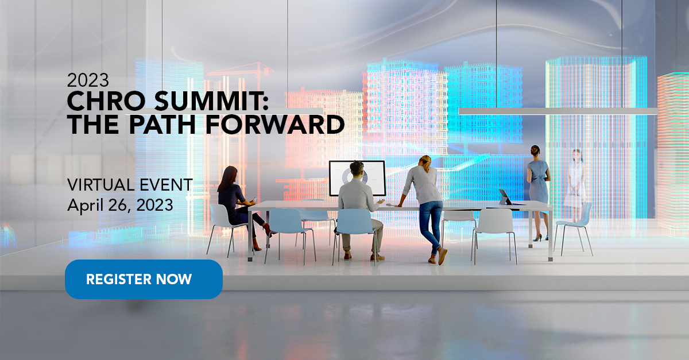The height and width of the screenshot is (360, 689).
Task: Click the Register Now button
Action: pyautogui.click(x=144, y=280)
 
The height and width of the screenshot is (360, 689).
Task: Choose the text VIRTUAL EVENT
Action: pyautogui.click(x=130, y=185)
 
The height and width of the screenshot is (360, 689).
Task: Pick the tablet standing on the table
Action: pyautogui.click(x=506, y=196)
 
